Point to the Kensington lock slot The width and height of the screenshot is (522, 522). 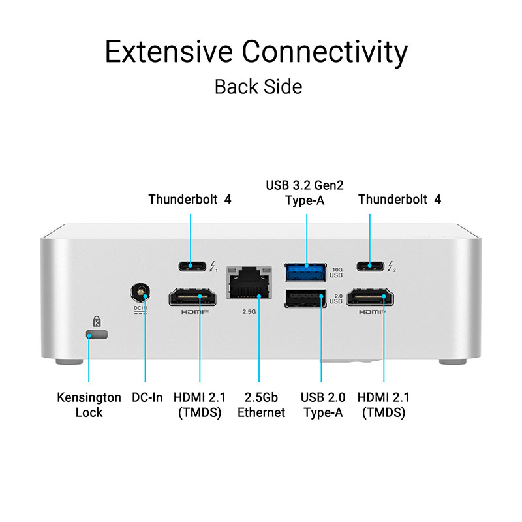pos(97,335)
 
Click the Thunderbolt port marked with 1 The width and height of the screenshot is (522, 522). pos(190,266)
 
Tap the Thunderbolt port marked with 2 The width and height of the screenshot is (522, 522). pos(370,266)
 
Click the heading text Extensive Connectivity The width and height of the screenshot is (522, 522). pos(256,52)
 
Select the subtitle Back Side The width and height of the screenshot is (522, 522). pos(258,87)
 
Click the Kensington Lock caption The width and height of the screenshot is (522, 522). pos(89,405)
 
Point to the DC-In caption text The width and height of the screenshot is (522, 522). pos(147,397)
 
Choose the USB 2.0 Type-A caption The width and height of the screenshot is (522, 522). pos(323,405)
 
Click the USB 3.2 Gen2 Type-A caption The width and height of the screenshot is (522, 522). pos(305,192)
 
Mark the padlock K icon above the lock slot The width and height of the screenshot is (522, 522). pos(97,321)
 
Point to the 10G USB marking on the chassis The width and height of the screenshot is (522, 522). pos(337,271)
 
